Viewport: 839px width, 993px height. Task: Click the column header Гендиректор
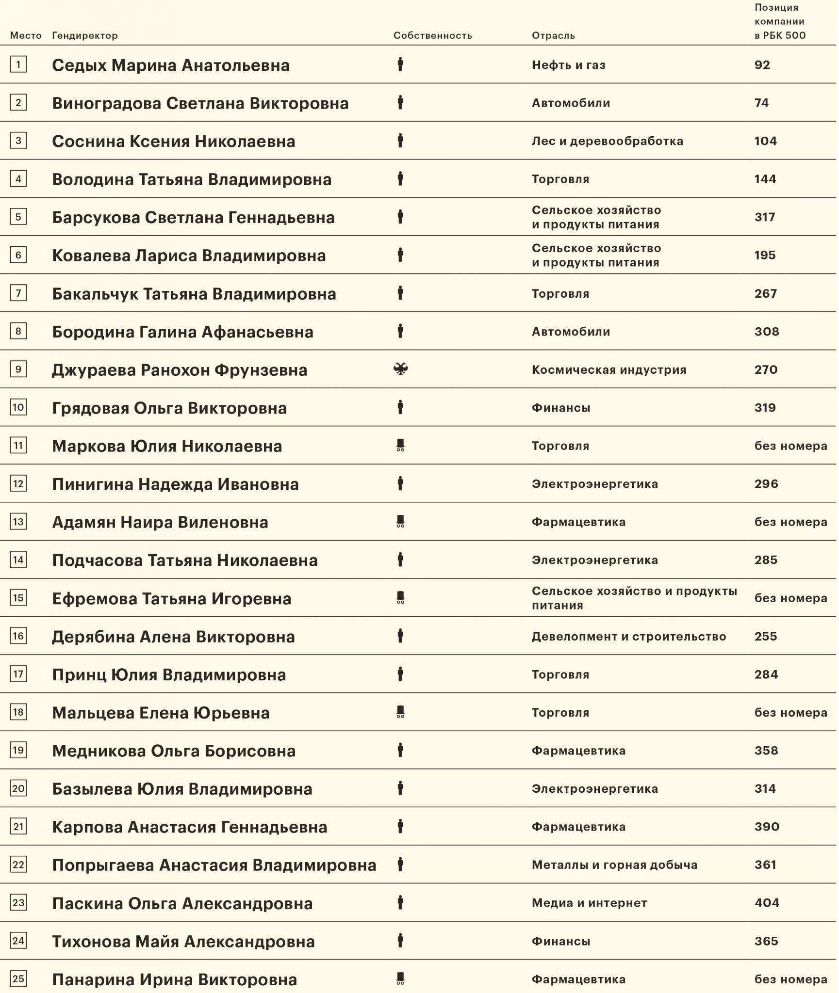85,35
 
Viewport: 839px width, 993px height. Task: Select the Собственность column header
432,35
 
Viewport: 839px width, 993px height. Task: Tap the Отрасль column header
553,35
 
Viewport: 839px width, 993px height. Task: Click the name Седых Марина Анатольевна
171,65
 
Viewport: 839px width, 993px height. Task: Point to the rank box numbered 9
18,369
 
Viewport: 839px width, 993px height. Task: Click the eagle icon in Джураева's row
400,369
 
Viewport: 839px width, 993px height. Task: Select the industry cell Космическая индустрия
609,369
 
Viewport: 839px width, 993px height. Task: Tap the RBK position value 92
762,65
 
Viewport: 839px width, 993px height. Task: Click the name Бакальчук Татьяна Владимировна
194,294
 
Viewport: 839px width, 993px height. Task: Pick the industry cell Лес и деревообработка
607,141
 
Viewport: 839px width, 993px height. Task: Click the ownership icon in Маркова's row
400,445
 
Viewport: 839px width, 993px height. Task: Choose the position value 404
767,903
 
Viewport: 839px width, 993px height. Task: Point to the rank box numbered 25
18,978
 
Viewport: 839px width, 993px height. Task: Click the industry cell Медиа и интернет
589,903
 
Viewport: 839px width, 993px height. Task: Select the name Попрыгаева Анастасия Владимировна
214,865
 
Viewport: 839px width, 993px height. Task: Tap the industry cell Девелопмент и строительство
628,637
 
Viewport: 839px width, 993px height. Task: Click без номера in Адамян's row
790,522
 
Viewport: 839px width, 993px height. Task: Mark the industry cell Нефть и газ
569,65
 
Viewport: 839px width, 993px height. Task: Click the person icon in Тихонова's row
400,941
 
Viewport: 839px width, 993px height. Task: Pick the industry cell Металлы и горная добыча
614,865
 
